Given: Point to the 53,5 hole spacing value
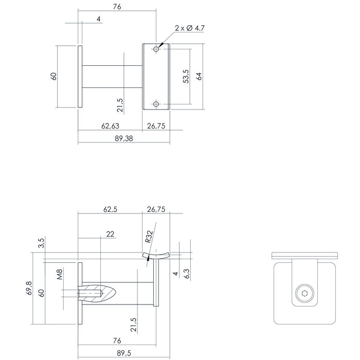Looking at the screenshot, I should point(186,76).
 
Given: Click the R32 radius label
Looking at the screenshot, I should point(148,237).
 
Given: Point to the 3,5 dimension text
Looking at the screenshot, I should point(42,243).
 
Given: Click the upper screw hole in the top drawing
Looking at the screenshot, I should point(156,49).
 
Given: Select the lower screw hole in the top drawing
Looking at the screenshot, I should point(156,104).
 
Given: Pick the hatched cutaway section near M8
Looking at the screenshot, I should point(103,294).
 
